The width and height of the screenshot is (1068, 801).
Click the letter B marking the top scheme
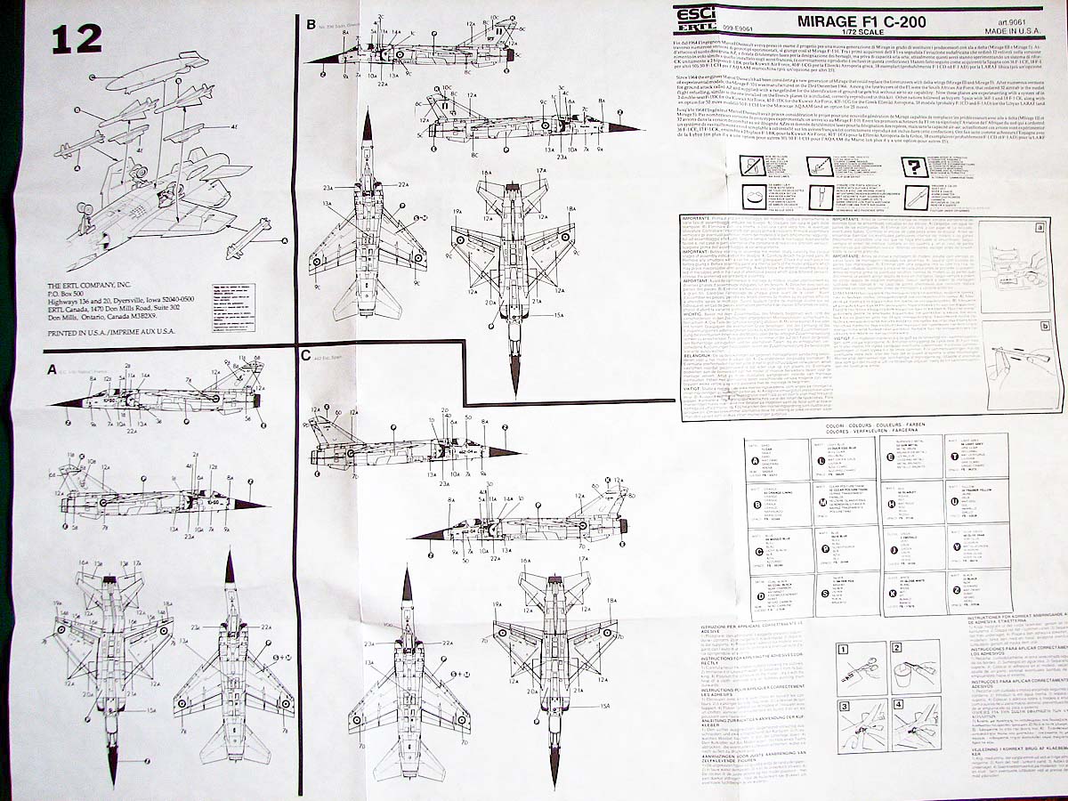pos(311,25)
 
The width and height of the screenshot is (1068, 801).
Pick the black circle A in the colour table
pos(757,460)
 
